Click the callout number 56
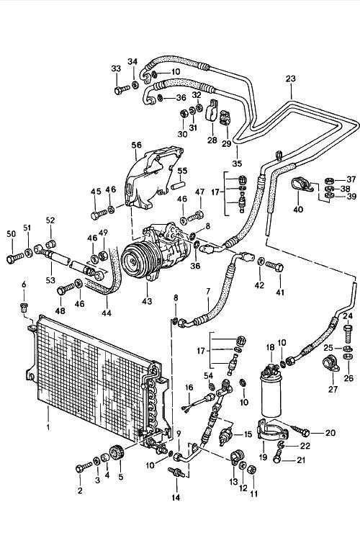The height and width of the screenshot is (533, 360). pyautogui.click(x=137, y=145)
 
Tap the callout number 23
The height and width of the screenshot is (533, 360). pyautogui.click(x=291, y=79)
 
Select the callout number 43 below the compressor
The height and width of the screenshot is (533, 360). pyautogui.click(x=147, y=301)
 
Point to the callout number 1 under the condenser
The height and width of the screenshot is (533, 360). pyautogui.click(x=48, y=426)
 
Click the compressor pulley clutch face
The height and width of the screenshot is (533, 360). pyautogui.click(x=131, y=261)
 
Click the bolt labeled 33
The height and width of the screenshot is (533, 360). pyautogui.click(x=122, y=90)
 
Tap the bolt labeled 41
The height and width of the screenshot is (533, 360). pyautogui.click(x=274, y=266)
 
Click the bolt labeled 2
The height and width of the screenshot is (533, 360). pyautogui.click(x=84, y=467)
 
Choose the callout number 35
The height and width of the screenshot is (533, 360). pyautogui.click(x=237, y=164)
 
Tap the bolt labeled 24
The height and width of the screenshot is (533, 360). pyautogui.click(x=348, y=333)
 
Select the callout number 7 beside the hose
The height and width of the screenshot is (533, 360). pyautogui.click(x=208, y=291)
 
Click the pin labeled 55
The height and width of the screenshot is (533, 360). pyautogui.click(x=179, y=186)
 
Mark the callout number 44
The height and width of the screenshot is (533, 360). pyautogui.click(x=107, y=313)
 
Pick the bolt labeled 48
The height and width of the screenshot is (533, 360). pyautogui.click(x=66, y=290)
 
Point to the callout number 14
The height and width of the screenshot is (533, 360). pyautogui.click(x=176, y=497)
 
